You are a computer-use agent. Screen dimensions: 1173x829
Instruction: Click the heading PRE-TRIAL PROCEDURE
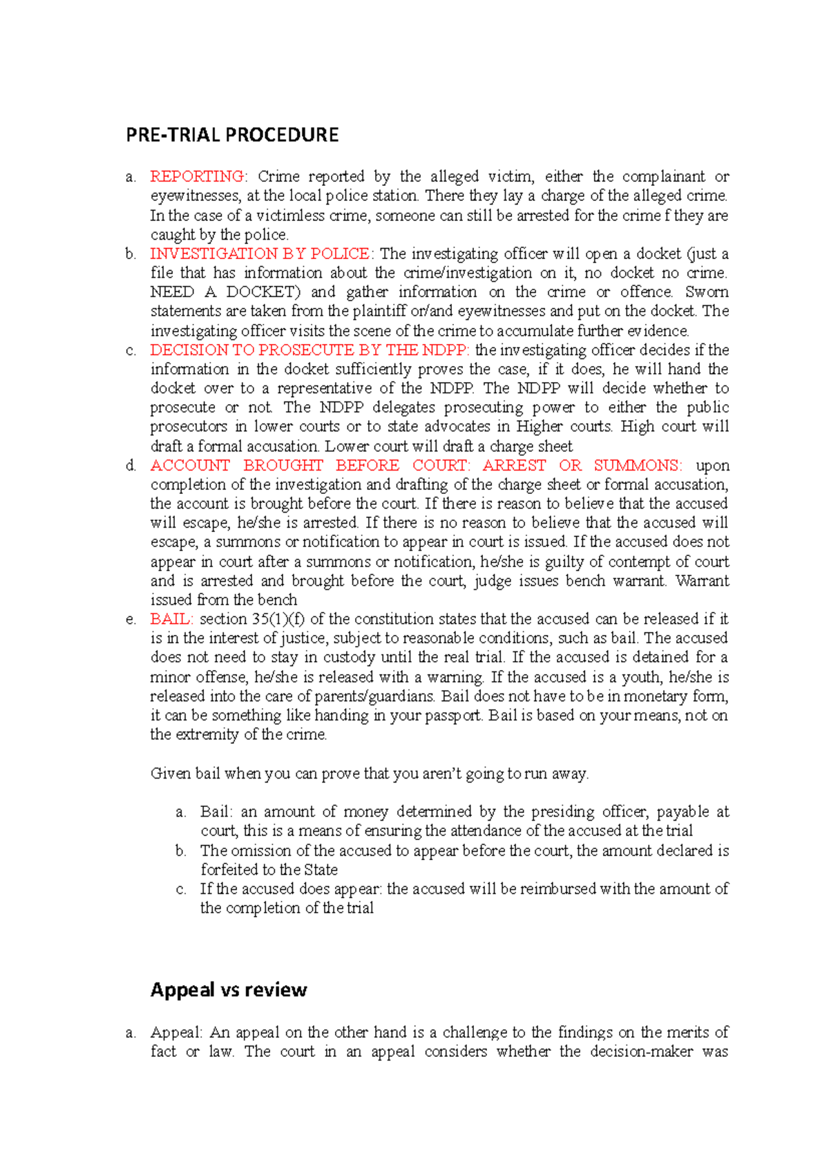click(232, 135)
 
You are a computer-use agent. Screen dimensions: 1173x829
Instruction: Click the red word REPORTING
click(197, 177)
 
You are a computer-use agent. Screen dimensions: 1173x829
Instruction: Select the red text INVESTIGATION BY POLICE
click(260, 254)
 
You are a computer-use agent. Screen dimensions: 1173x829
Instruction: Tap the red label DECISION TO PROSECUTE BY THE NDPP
click(309, 350)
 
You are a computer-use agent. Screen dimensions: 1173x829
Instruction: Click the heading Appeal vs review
click(229, 990)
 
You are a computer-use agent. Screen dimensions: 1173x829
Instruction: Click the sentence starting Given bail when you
click(370, 774)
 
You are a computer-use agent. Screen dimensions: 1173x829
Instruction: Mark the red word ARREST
click(514, 466)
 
